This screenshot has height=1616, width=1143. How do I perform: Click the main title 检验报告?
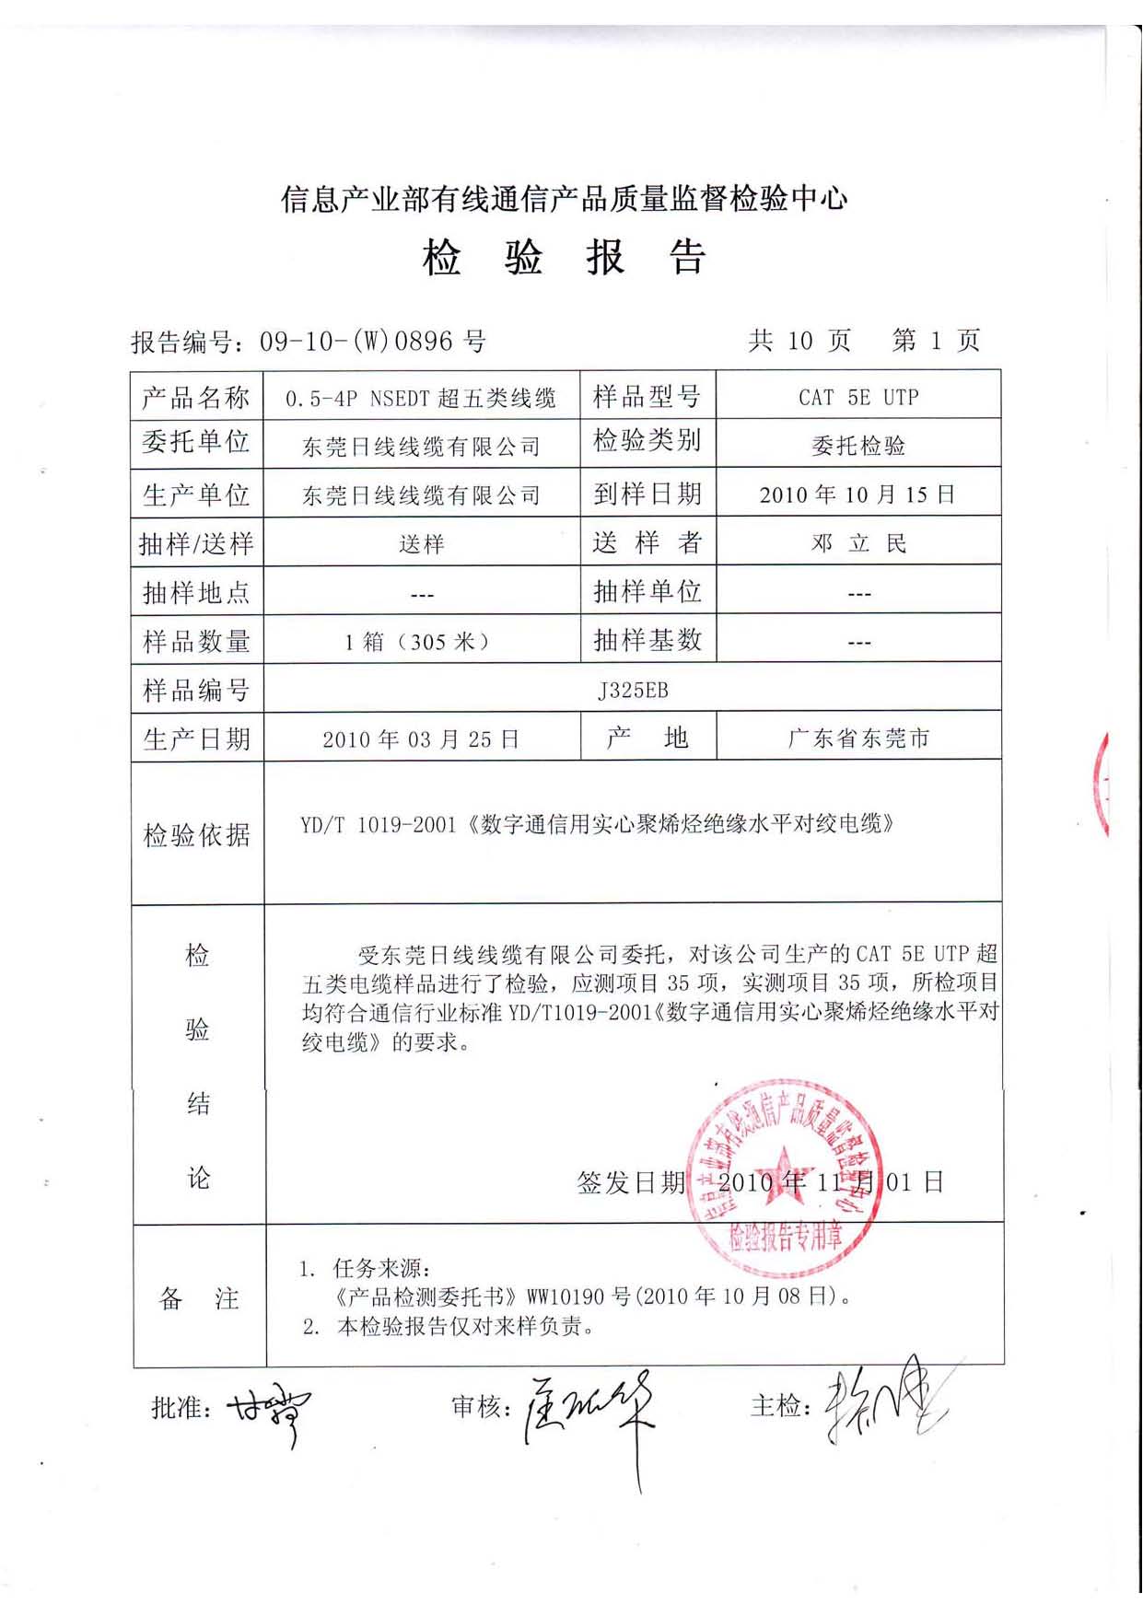click(x=564, y=258)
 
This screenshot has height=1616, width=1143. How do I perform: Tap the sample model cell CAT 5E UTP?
click(x=858, y=397)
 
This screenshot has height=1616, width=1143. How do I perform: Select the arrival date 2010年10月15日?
click(x=857, y=494)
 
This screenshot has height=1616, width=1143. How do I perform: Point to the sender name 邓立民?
click(x=858, y=543)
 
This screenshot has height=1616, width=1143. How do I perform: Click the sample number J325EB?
click(x=633, y=690)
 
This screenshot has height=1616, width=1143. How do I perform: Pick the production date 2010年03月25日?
click(x=421, y=739)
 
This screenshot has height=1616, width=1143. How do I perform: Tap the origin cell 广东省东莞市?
click(x=858, y=738)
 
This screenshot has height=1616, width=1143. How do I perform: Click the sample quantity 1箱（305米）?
click(x=419, y=642)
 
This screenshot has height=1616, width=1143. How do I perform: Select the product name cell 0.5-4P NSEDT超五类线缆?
click(x=421, y=399)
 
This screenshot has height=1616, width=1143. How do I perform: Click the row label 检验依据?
click(x=196, y=835)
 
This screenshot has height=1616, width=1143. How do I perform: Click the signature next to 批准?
click(x=270, y=1409)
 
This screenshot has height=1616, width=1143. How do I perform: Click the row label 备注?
click(x=199, y=1298)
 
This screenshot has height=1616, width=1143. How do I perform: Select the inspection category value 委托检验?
click(x=858, y=447)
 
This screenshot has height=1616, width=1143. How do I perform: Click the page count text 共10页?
click(x=799, y=341)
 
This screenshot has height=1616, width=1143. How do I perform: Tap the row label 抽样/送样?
click(x=196, y=544)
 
